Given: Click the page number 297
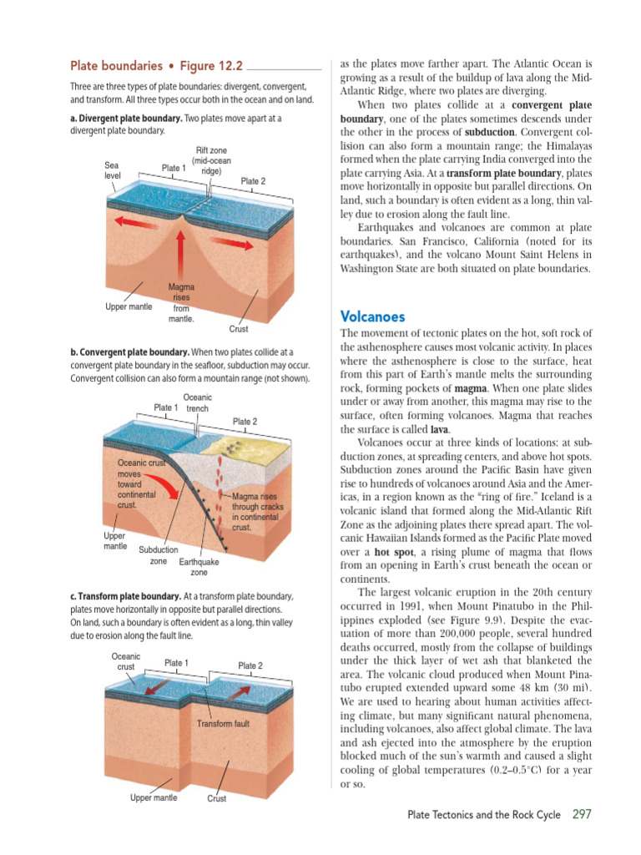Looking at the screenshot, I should click(583, 814).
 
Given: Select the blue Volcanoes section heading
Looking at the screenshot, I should click(372, 316).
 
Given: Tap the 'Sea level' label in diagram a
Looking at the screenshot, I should click(113, 170).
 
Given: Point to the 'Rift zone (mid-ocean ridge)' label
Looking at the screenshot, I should click(211, 160).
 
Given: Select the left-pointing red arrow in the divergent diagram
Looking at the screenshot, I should click(136, 222).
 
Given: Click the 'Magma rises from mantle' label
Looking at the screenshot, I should click(181, 303).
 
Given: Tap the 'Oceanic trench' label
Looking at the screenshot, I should click(197, 403).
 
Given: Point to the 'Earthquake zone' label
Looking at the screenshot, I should click(199, 568).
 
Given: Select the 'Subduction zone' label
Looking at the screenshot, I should click(158, 556).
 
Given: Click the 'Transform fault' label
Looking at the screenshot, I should click(223, 723).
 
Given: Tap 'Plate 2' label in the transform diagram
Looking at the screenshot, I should click(250, 665).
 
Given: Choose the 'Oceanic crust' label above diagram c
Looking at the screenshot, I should click(126, 662).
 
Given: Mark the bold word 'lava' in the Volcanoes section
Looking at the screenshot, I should click(440, 429).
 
